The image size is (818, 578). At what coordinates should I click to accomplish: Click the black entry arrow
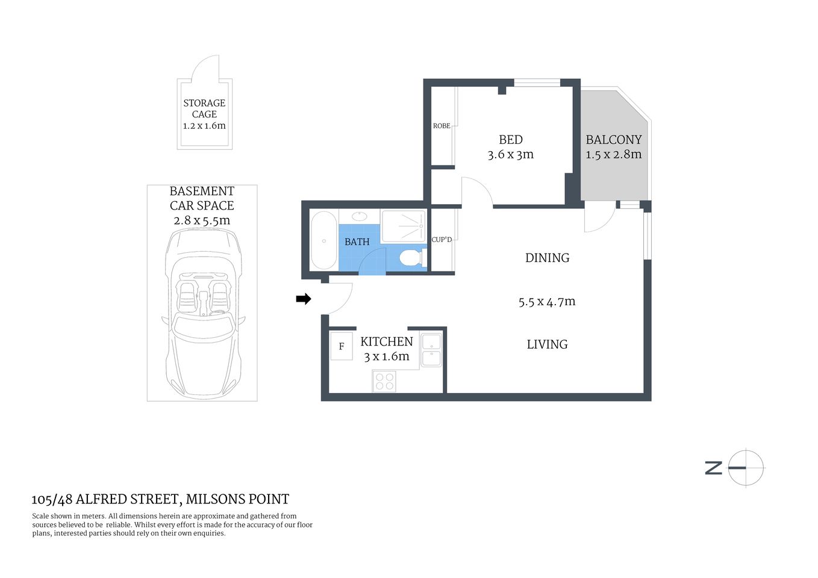tap(304, 299)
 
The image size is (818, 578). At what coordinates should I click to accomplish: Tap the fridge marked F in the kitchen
tap(342, 346)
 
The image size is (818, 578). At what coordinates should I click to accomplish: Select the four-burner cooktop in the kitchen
tap(384, 381)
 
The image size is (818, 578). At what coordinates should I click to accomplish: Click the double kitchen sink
tap(431, 350)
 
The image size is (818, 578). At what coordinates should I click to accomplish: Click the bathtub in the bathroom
tap(323, 241)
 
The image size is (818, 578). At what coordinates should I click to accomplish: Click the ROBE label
tap(442, 126)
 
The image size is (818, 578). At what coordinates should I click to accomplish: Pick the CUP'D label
tap(442, 240)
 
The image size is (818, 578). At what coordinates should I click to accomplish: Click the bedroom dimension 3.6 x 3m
tap(511, 155)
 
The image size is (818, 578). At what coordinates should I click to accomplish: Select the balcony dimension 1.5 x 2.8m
tap(613, 155)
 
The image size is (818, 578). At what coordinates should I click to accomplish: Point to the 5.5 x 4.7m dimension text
tap(547, 302)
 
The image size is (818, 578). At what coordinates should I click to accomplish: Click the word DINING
tap(547, 258)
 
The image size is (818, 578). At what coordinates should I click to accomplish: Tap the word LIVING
tap(547, 344)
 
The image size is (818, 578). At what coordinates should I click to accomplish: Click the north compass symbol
tap(746, 468)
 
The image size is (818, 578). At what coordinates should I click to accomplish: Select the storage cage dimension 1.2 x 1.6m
tap(204, 126)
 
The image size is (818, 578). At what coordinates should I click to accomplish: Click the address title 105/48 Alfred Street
tap(160, 499)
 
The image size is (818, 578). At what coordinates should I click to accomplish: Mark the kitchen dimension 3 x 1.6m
tap(386, 356)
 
